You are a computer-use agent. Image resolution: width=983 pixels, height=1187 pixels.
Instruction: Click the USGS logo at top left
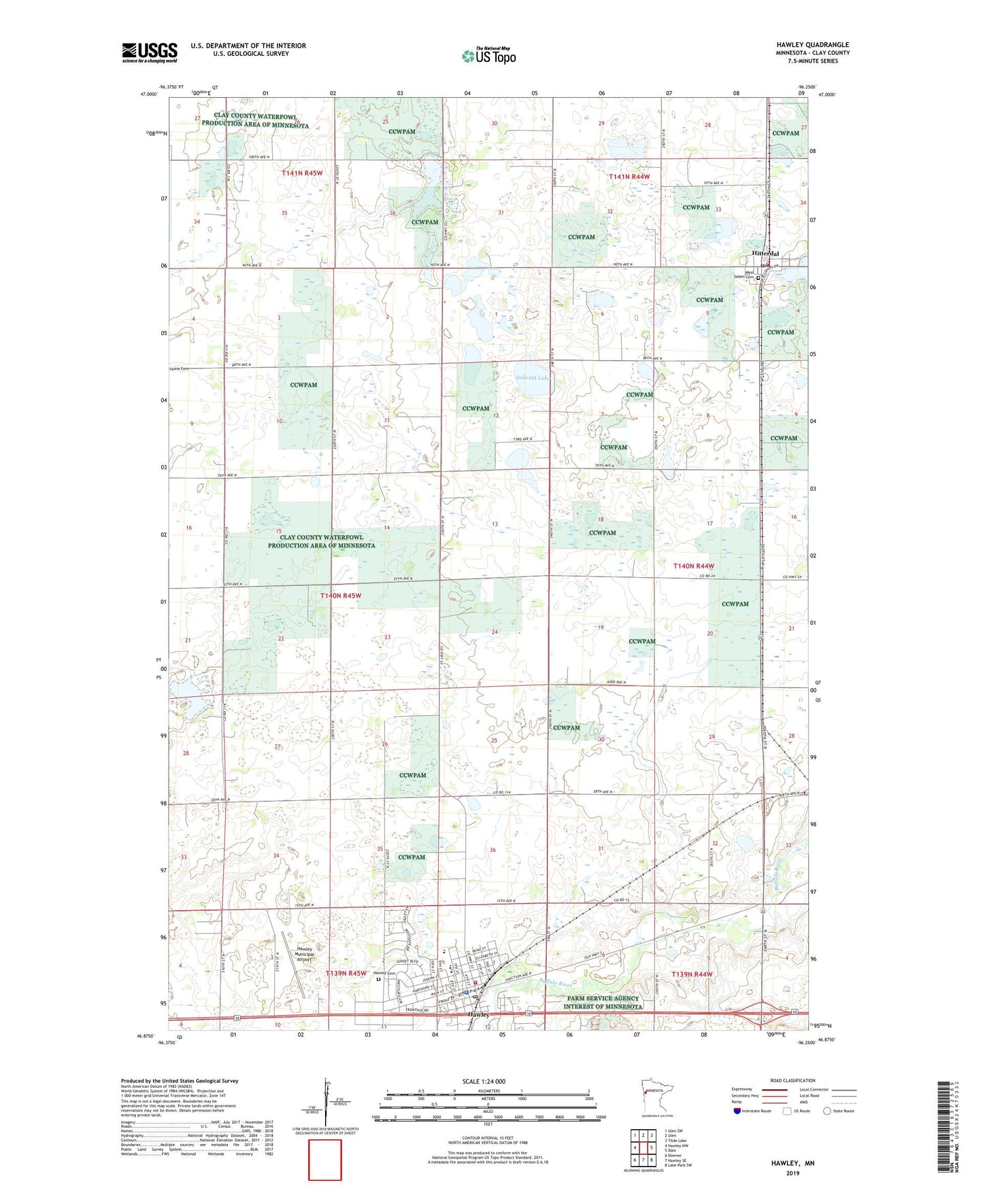click(149, 52)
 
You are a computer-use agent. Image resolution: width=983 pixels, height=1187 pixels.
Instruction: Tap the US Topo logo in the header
click(488, 56)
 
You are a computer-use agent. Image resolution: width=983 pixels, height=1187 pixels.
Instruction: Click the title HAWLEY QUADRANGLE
click(812, 45)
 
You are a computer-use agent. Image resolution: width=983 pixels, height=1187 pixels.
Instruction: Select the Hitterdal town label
click(765, 254)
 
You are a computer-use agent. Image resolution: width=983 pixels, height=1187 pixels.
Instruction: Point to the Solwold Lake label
click(532, 377)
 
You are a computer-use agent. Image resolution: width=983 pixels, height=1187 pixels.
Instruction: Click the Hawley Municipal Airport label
click(305, 954)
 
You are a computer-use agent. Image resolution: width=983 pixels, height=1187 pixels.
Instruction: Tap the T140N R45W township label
click(340, 596)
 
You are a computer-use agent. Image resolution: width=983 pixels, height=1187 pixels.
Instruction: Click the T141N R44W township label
click(629, 177)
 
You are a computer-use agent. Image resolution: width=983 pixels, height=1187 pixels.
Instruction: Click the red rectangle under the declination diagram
click(325, 1160)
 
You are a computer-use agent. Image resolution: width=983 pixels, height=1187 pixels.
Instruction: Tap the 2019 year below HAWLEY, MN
click(793, 1173)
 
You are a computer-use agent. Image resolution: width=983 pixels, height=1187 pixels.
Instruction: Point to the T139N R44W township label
click(692, 974)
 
